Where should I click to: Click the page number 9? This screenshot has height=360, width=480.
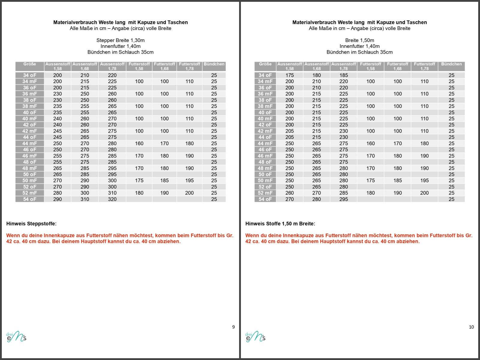click(x=233, y=327)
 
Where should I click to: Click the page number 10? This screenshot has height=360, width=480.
click(x=471, y=327)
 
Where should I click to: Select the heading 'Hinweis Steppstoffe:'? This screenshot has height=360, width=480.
click(x=31, y=224)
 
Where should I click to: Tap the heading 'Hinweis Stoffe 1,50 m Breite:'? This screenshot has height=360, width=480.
click(x=280, y=224)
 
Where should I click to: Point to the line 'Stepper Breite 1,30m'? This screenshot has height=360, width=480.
click(x=120, y=40)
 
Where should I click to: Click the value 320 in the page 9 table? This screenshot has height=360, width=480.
click(x=112, y=199)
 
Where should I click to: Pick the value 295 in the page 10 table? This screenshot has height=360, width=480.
click(x=343, y=199)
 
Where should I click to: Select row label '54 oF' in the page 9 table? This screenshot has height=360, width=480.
click(x=29, y=199)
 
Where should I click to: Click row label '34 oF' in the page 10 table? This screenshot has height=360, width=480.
click(x=265, y=75)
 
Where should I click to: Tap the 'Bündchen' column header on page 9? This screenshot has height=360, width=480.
click(x=214, y=64)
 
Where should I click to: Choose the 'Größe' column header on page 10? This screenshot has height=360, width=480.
click(x=265, y=64)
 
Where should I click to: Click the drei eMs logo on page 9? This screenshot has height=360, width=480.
click(x=16, y=337)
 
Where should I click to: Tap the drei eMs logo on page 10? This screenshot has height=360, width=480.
click(x=255, y=337)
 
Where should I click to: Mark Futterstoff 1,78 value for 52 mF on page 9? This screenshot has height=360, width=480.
click(x=189, y=193)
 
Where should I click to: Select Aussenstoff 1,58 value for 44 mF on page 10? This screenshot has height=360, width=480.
click(x=289, y=143)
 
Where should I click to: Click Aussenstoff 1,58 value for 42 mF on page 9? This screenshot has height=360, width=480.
click(x=57, y=131)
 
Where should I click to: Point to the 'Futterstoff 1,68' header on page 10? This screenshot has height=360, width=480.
click(x=397, y=66)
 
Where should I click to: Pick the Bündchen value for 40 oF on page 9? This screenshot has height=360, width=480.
click(x=214, y=112)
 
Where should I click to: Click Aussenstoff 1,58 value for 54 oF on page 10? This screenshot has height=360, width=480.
click(x=289, y=199)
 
